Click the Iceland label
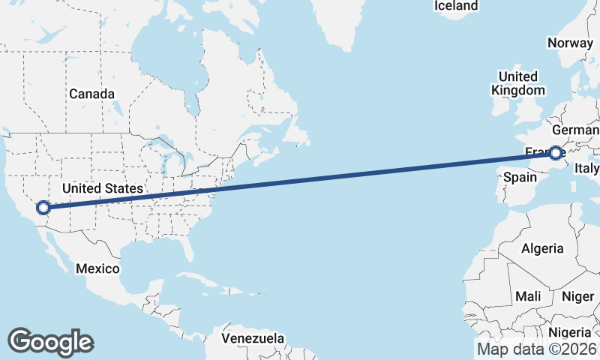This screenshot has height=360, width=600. pyautogui.click(x=456, y=6)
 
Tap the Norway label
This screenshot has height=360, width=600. pyautogui.click(x=570, y=43)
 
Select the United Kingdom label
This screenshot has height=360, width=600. pyautogui.click(x=517, y=83)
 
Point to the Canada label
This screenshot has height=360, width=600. pyautogui.click(x=91, y=94)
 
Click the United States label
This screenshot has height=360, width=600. pyautogui.click(x=102, y=188)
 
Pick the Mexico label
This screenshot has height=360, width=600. pyautogui.click(x=97, y=268)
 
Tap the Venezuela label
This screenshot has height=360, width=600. pyautogui.click(x=253, y=338)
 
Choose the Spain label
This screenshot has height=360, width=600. pyautogui.click(x=520, y=178)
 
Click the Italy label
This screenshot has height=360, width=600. pyautogui.click(x=587, y=169)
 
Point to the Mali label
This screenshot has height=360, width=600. pyautogui.click(x=528, y=297)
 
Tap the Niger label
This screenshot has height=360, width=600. pyautogui.click(x=577, y=297)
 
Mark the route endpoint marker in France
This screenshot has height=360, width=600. pyautogui.click(x=556, y=153)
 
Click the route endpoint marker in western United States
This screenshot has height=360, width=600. pyautogui.click(x=43, y=208)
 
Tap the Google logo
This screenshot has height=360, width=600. pyautogui.click(x=50, y=342)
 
